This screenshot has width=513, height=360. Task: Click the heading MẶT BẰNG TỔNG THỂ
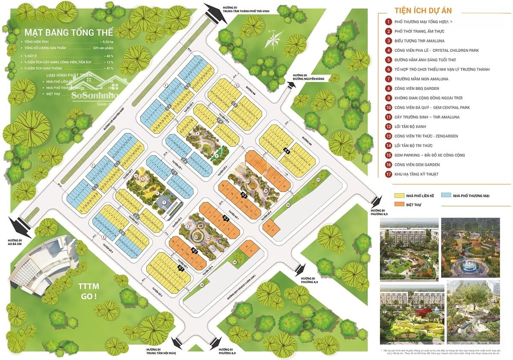pos(69,33)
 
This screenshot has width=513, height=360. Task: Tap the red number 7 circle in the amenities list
pos(389,79)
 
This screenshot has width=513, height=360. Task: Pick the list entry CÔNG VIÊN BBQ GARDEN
pos(419,88)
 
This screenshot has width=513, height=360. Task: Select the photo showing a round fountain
pos(470,248)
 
